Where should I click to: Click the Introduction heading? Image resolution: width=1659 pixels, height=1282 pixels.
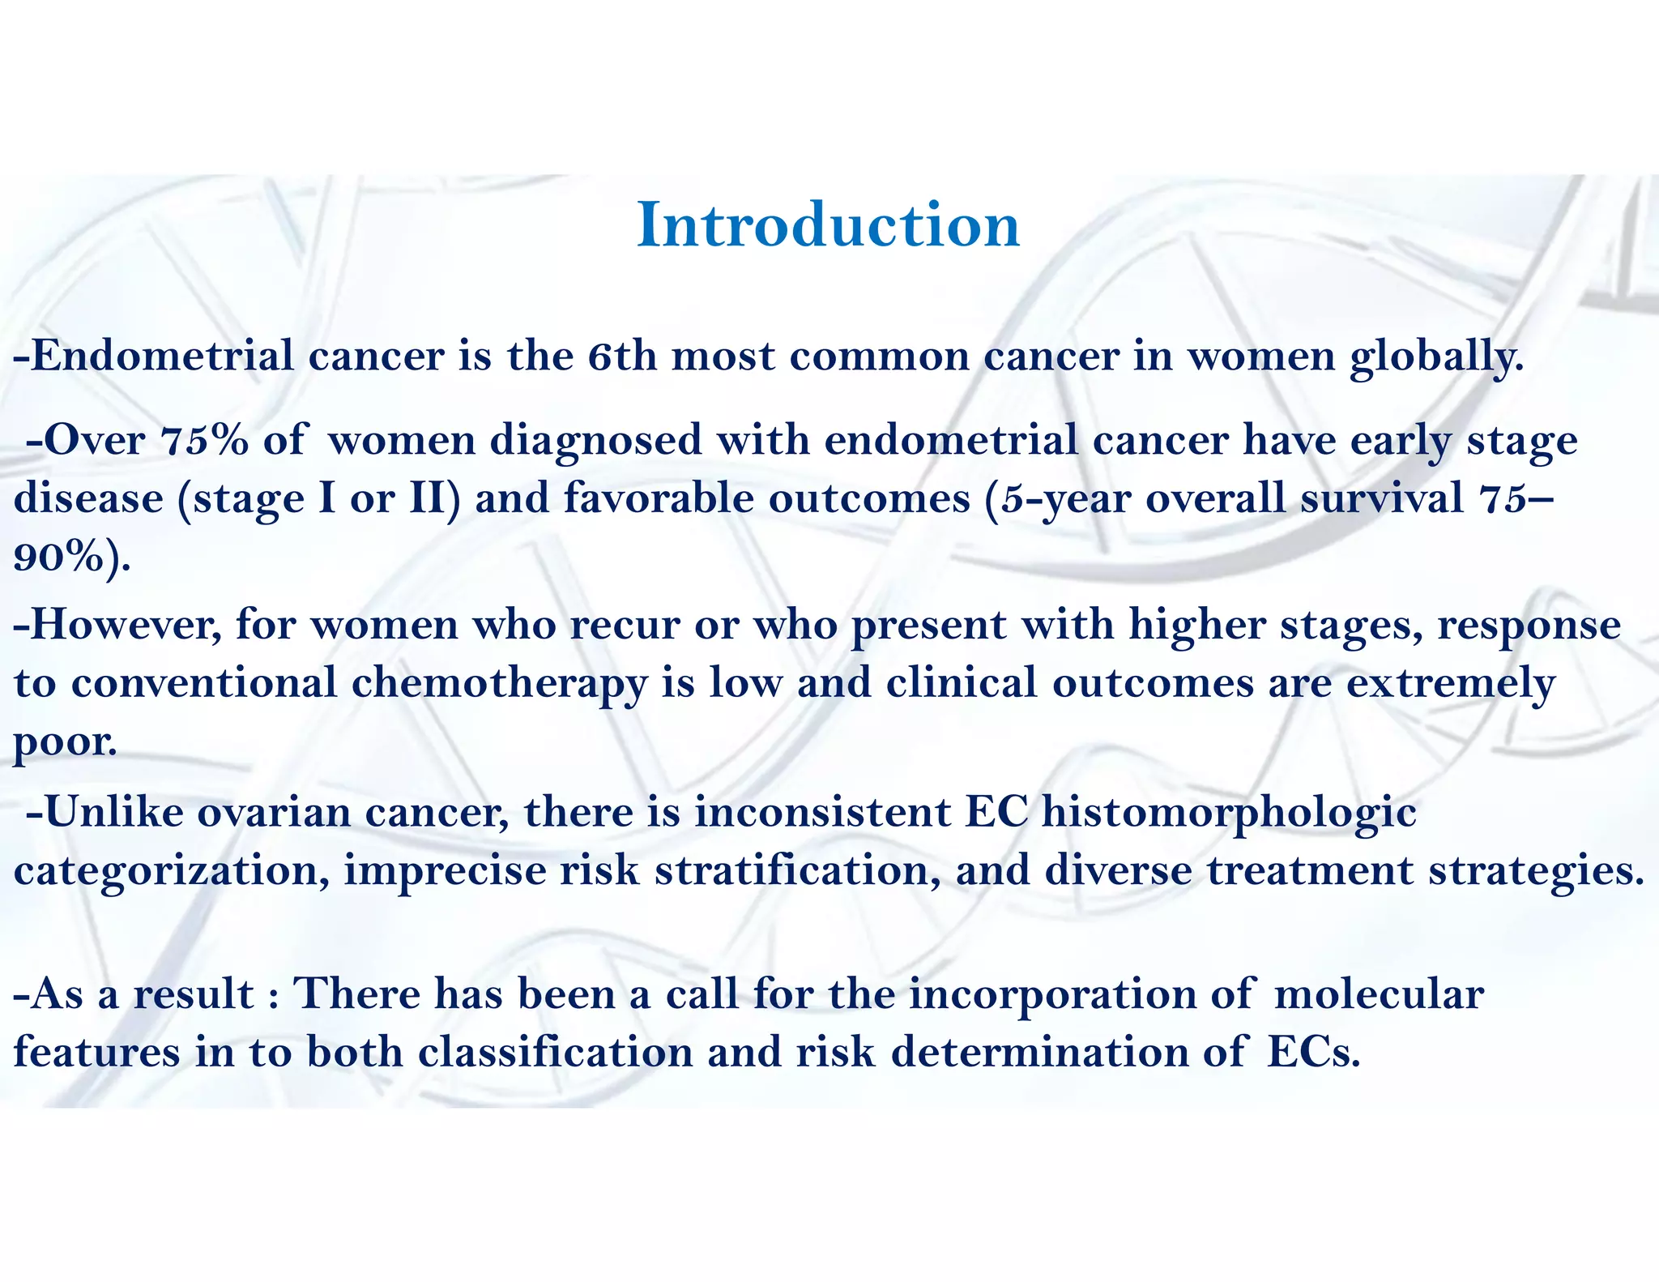tap(828, 225)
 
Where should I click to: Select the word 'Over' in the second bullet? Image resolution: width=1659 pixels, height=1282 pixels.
tap(94, 441)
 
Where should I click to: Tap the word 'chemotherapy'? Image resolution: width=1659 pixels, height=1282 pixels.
tap(499, 684)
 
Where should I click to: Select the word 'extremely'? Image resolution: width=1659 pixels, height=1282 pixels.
tap(1450, 684)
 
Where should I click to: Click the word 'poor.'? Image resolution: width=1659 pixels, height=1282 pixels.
tap(65, 741)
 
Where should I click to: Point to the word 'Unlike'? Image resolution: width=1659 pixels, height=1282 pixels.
tap(114, 813)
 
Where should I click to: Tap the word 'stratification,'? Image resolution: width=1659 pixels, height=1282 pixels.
tap(798, 871)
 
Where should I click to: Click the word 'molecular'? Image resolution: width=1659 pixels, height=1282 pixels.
tap(1379, 994)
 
